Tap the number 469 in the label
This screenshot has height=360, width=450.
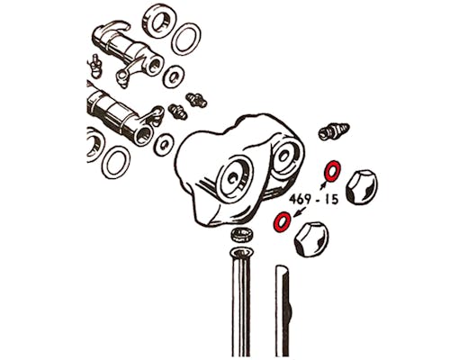pos(301,200)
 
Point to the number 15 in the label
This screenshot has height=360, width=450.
pos(331,199)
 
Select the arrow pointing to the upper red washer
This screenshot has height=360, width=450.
pos(322,184)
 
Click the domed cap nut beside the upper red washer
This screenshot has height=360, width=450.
pos(361,187)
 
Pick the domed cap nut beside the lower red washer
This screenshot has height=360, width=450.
pos(311,239)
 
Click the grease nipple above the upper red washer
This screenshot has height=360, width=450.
pos(334,130)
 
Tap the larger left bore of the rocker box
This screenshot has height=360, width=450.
pos(235,179)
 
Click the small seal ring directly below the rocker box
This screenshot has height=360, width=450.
pos(242,234)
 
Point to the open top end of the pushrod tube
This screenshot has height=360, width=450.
pos(241,254)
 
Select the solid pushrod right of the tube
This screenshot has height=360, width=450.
pos(283,312)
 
